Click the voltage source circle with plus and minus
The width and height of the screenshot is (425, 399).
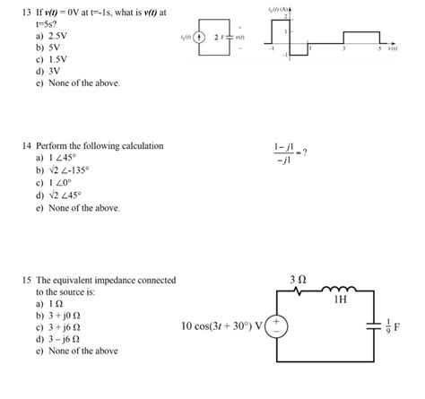[x=277, y=325]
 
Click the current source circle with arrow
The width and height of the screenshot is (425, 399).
[x=198, y=39]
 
